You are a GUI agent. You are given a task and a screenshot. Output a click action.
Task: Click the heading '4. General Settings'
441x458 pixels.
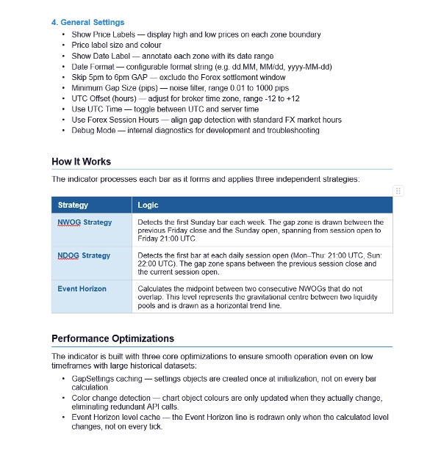87,23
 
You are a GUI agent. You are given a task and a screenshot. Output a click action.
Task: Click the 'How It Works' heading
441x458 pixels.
81,161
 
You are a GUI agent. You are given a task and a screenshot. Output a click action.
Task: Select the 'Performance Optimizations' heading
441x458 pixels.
112,338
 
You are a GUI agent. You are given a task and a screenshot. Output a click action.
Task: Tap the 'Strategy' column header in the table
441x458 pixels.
73,205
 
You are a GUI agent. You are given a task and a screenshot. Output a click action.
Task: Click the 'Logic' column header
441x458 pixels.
148,205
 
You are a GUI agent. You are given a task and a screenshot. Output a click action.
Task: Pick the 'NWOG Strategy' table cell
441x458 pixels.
85,222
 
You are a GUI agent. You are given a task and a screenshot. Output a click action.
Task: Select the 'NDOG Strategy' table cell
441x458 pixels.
84,255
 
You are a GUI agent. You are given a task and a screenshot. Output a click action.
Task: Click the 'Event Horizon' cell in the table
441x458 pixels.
82,288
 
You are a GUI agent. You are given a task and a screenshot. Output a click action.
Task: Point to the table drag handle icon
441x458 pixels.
398,190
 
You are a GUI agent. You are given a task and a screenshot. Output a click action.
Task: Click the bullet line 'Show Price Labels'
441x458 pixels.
106,34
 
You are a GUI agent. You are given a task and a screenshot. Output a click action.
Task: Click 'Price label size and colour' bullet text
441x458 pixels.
116,45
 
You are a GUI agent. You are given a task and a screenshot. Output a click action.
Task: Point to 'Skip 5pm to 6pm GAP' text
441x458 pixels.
110,76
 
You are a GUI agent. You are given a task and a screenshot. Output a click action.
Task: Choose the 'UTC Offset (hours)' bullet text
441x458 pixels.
104,98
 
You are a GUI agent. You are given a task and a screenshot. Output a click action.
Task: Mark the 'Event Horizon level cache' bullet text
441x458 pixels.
115,417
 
